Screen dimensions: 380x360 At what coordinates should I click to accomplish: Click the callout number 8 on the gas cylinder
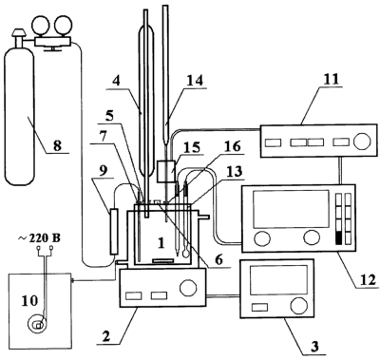click(x=58, y=146)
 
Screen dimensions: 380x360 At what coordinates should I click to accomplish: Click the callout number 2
click(x=106, y=336)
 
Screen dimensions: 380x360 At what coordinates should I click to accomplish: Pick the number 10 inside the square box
click(x=29, y=300)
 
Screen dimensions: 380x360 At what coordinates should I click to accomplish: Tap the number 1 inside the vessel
click(x=161, y=243)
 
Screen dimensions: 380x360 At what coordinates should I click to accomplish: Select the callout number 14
click(x=194, y=80)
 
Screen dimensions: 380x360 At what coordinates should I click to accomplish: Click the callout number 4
click(x=116, y=81)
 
